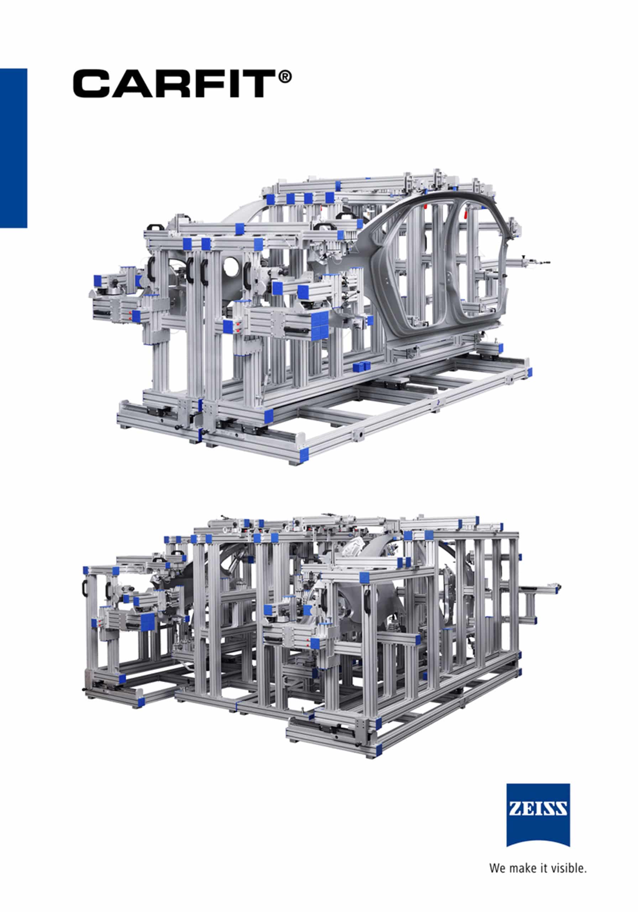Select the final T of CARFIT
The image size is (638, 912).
click(x=259, y=83)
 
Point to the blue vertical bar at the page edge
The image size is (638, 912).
click(x=14, y=148)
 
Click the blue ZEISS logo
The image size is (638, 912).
click(x=538, y=815)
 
